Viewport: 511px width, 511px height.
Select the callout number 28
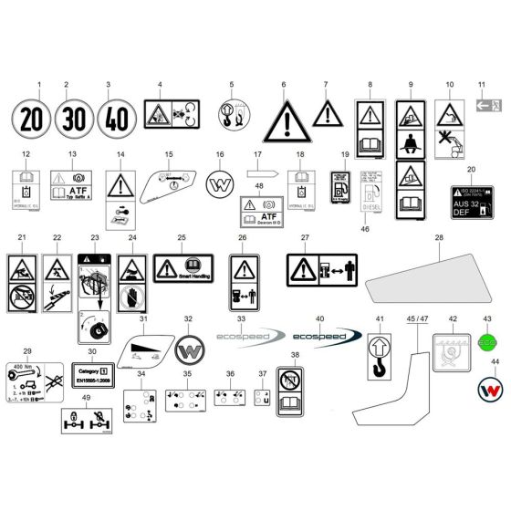[x=438, y=238]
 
